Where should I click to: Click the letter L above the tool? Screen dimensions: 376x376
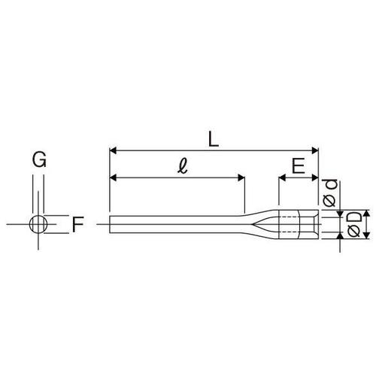[x=214, y=138]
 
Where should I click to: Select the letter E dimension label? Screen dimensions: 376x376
[x=299, y=167]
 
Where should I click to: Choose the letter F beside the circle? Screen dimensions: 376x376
[x=77, y=223]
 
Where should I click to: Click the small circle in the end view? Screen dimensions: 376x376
[x=38, y=223]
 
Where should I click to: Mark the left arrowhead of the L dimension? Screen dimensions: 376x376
[x=113, y=150]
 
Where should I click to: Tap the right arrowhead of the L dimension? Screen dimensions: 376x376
[x=315, y=150]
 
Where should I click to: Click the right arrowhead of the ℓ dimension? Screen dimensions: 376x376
[x=241, y=178]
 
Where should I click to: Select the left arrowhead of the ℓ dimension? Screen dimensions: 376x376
[x=113, y=178]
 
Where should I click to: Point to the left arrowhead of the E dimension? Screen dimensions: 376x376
[x=282, y=178]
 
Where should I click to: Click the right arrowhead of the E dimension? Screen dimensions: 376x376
[x=315, y=178]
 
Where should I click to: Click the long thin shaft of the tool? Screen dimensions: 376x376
[x=180, y=224]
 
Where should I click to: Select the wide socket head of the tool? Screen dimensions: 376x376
[x=299, y=224]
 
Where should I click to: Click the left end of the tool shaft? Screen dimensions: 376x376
[x=110, y=224]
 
